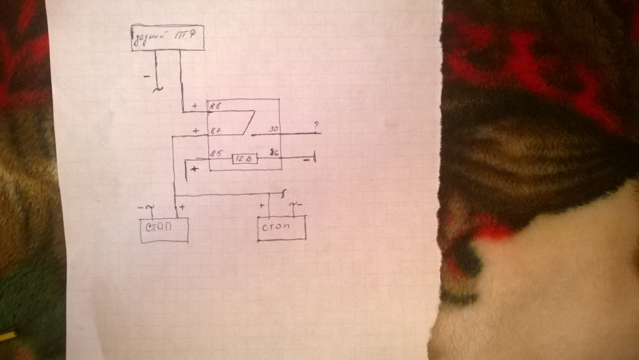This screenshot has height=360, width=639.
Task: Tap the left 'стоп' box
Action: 163,230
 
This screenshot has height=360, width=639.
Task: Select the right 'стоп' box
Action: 281,228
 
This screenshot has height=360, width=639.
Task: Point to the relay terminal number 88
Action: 216,106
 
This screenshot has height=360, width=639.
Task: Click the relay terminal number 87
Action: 216,131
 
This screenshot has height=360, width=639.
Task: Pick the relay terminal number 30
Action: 274,129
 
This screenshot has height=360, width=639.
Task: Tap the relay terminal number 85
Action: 216,154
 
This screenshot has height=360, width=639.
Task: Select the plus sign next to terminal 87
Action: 196,131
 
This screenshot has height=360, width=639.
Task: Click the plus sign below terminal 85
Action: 194,170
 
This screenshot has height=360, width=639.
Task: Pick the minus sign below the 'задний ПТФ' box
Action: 146,77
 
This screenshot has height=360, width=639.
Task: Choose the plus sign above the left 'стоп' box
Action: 182,207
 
